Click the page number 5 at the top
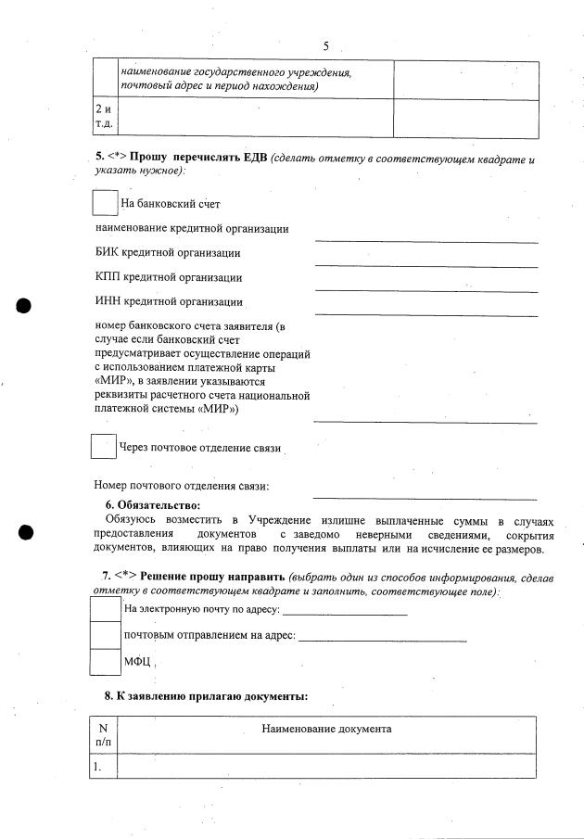tap(326, 46)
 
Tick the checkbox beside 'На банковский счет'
tap(106, 203)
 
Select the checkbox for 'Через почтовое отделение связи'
tap(103, 447)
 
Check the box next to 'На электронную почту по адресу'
tap(105, 608)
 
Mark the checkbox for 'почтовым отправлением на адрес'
tap(105, 635)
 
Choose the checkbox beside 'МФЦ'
tap(105, 662)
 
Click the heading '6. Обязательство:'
tap(152, 505)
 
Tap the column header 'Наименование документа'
tap(326, 729)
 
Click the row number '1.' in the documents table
tap(97, 767)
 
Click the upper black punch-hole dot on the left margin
tap(25, 306)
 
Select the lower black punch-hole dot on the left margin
tap(25, 532)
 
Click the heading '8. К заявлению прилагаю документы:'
tap(205, 695)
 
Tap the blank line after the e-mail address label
tap(345, 612)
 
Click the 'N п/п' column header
tap(102, 735)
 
